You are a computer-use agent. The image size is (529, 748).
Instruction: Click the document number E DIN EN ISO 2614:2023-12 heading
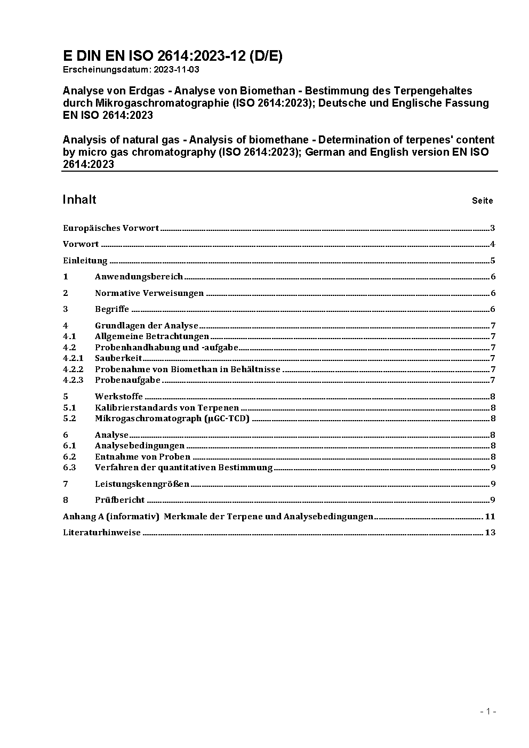click(173, 56)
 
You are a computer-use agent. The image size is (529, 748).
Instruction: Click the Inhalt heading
click(79, 199)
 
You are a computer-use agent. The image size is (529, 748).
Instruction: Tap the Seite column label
click(482, 201)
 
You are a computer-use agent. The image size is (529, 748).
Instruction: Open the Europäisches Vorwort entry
click(111, 228)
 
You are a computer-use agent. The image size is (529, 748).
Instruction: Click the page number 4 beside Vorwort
click(493, 244)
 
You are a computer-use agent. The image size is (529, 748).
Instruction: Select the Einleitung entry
click(85, 261)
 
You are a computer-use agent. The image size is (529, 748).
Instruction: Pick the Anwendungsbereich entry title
click(139, 277)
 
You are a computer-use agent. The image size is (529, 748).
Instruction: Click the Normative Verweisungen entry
click(149, 293)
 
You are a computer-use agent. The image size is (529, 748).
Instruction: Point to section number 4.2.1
click(73, 358)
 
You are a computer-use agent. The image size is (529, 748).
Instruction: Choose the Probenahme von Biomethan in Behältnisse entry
click(187, 369)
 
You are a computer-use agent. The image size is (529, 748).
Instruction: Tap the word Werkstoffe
click(119, 397)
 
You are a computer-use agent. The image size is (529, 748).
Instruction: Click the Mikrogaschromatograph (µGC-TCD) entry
click(172, 419)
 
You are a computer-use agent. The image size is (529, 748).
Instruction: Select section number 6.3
click(69, 468)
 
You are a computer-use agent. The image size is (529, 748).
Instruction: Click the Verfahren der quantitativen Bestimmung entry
click(183, 468)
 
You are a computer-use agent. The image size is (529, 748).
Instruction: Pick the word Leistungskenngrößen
click(142, 484)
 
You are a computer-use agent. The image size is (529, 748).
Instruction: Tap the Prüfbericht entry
click(120, 500)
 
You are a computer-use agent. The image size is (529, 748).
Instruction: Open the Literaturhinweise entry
click(102, 533)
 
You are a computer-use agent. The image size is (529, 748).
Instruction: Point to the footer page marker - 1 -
click(488, 711)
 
